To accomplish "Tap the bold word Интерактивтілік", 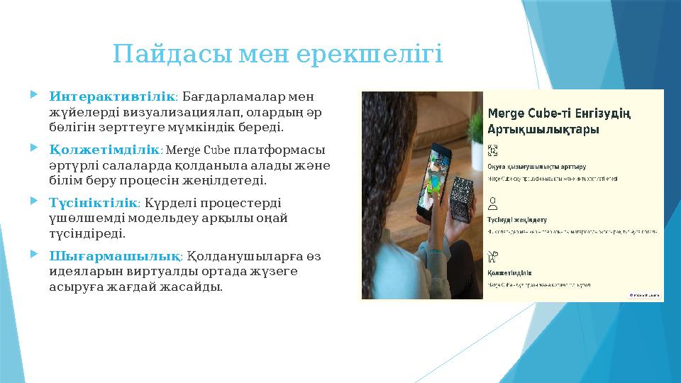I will coord(111,96).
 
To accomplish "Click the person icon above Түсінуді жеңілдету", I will coord(493,204).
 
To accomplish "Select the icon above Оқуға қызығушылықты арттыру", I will coord(494,150).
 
